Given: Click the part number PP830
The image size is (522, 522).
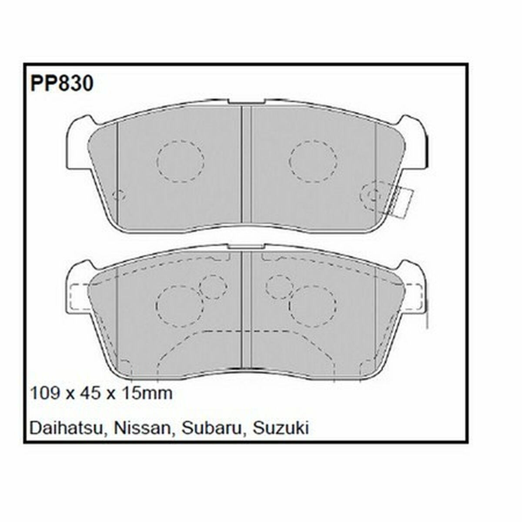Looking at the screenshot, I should click(61, 84).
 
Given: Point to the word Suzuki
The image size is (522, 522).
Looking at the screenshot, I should click(281, 428).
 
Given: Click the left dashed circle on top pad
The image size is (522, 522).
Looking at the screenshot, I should click(181, 161).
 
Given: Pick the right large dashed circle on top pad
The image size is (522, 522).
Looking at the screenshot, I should click(314, 161).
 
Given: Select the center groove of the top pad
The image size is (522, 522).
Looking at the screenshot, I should click(247, 165).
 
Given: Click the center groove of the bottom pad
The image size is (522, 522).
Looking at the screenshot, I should click(247, 313).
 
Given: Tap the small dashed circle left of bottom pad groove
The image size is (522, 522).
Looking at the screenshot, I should click(213, 287).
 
